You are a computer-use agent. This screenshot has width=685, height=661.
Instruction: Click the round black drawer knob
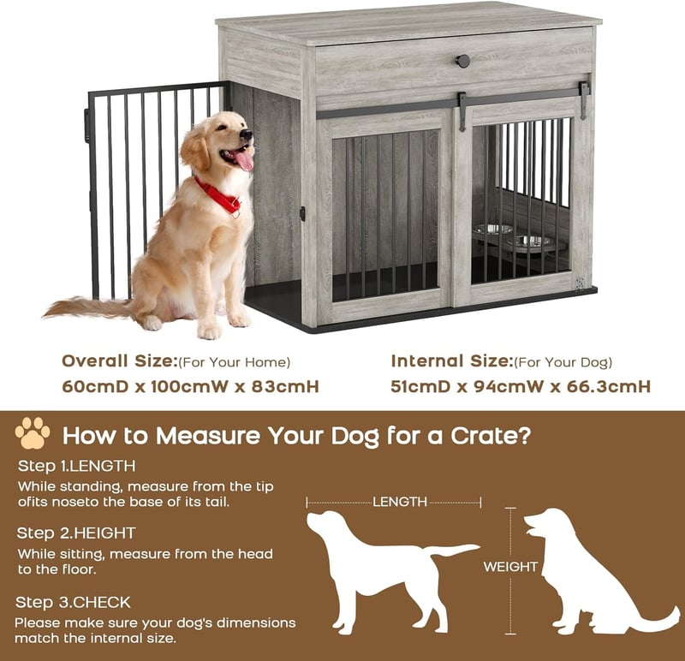pos(463,61)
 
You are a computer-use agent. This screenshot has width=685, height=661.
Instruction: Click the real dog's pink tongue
pos(243,159)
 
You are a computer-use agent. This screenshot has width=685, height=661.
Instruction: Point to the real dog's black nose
pos(247,134)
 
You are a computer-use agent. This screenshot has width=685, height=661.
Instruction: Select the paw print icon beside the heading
pos(33,433)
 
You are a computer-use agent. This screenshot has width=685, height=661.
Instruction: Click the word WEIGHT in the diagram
pos(510,567)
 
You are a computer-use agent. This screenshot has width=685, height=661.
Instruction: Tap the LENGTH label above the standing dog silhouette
pos(400,502)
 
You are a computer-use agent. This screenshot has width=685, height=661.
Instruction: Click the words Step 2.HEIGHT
pos(76,533)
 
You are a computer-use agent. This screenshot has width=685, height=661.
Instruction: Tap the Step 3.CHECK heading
pos(73,603)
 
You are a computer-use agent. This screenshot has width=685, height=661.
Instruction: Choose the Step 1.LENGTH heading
pos(76,466)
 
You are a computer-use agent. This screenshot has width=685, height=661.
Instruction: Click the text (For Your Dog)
pos(563,362)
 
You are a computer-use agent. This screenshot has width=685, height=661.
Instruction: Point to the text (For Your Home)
pos(234,362)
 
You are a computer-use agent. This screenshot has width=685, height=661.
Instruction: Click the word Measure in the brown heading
pos(208,436)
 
